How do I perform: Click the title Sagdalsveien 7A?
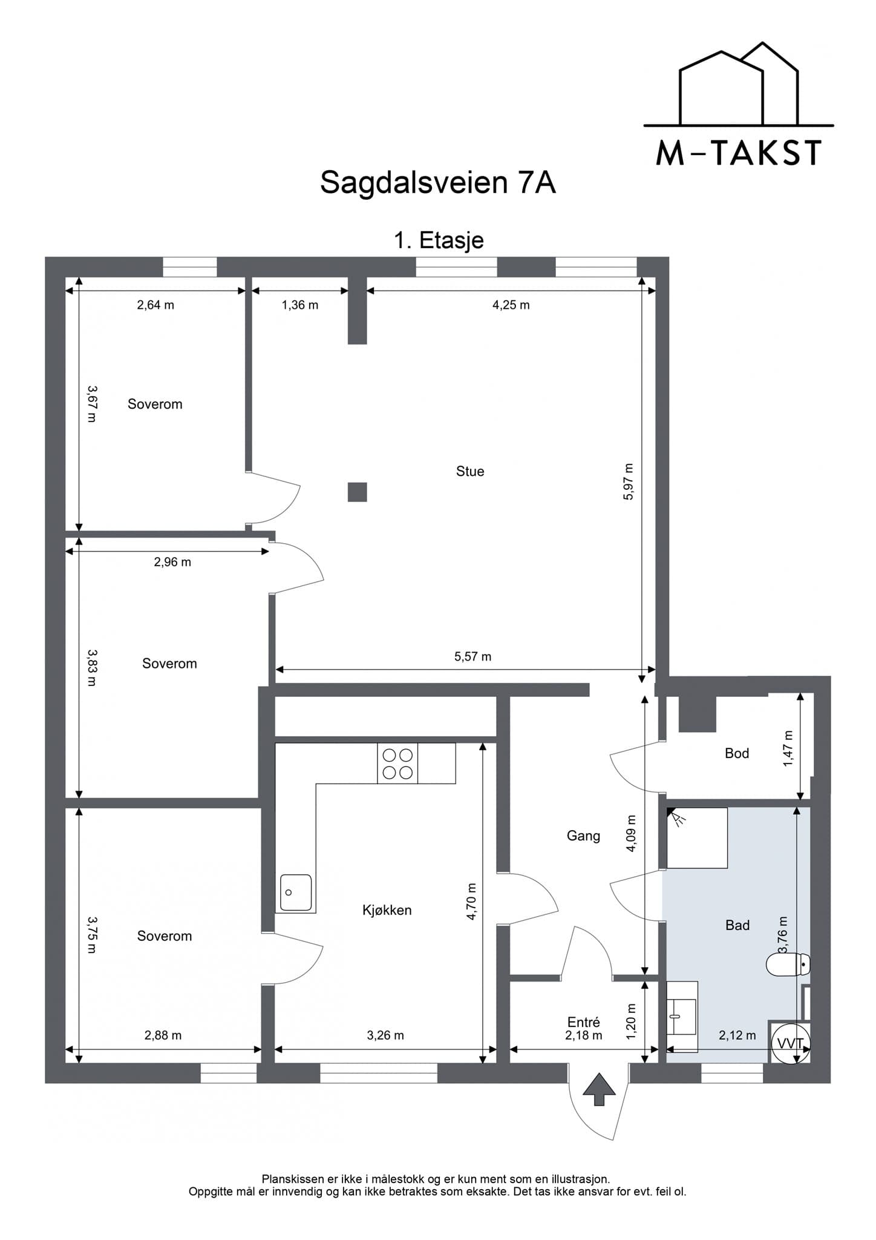point(437,182)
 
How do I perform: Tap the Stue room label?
point(470,471)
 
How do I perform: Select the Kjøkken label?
point(387,909)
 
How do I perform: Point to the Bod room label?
point(737,753)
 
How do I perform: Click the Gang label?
point(583,836)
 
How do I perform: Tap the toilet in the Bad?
point(788,965)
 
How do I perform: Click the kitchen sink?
point(296,892)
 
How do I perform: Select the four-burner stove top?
point(397,763)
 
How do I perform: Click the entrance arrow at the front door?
point(599,1089)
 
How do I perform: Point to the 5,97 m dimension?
point(628,481)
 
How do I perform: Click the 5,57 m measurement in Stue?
point(472,656)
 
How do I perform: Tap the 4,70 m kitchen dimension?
point(471,902)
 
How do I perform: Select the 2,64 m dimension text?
point(155,305)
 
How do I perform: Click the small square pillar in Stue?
point(358,492)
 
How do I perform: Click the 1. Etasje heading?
point(439,240)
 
